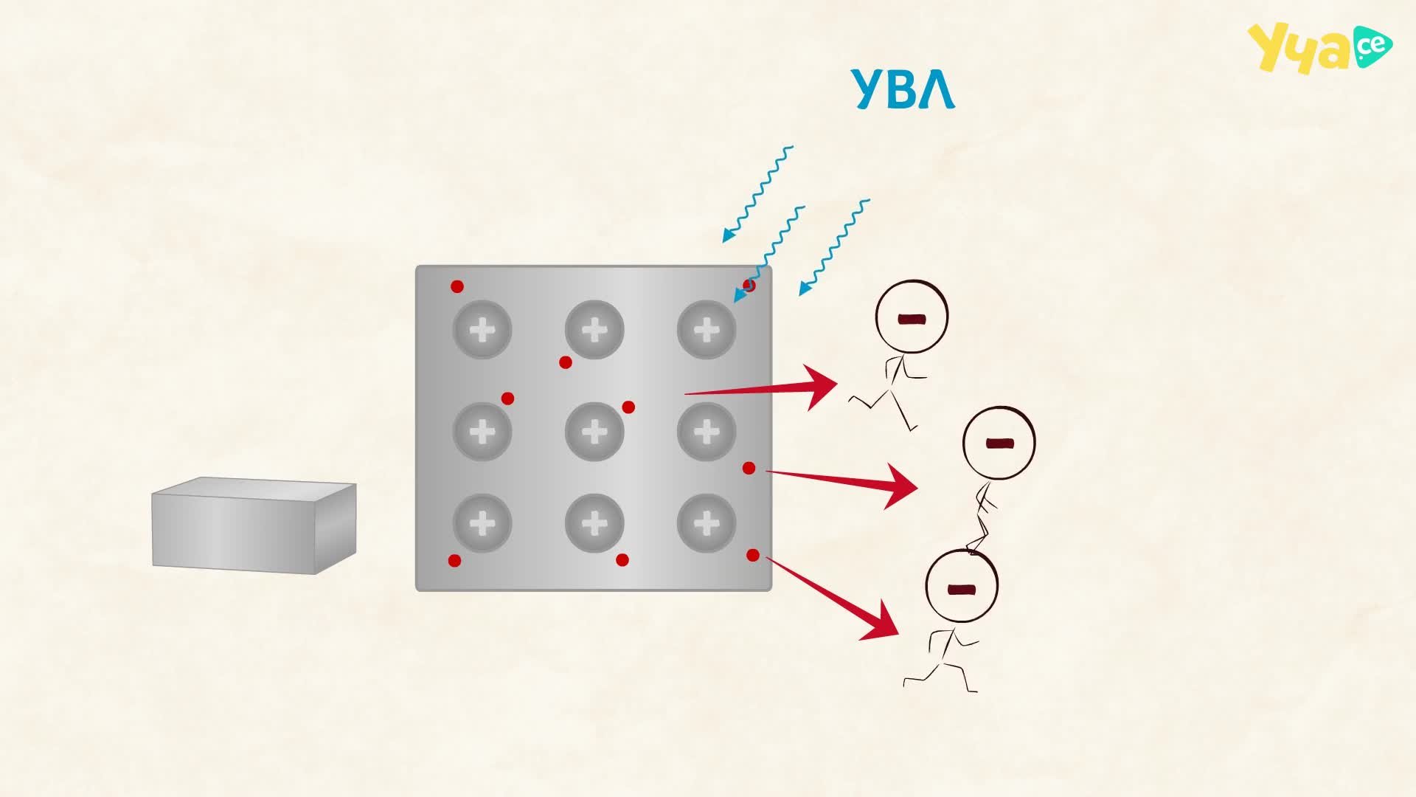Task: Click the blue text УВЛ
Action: click(903, 89)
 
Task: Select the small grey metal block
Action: click(254, 525)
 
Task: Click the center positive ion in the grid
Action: click(594, 431)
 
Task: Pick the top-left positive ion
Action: click(482, 329)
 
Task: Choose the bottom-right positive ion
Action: click(707, 523)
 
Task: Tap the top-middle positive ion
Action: click(594, 329)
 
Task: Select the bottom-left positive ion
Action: click(482, 523)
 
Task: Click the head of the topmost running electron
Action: click(912, 317)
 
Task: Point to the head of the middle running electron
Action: click(999, 444)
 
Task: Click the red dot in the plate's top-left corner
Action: click(457, 286)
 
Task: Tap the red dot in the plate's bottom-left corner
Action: click(455, 561)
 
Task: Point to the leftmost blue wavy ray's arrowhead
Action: click(728, 235)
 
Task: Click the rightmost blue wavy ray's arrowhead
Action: click(805, 289)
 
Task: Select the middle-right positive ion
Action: click(707, 431)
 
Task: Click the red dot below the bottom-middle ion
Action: click(622, 560)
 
